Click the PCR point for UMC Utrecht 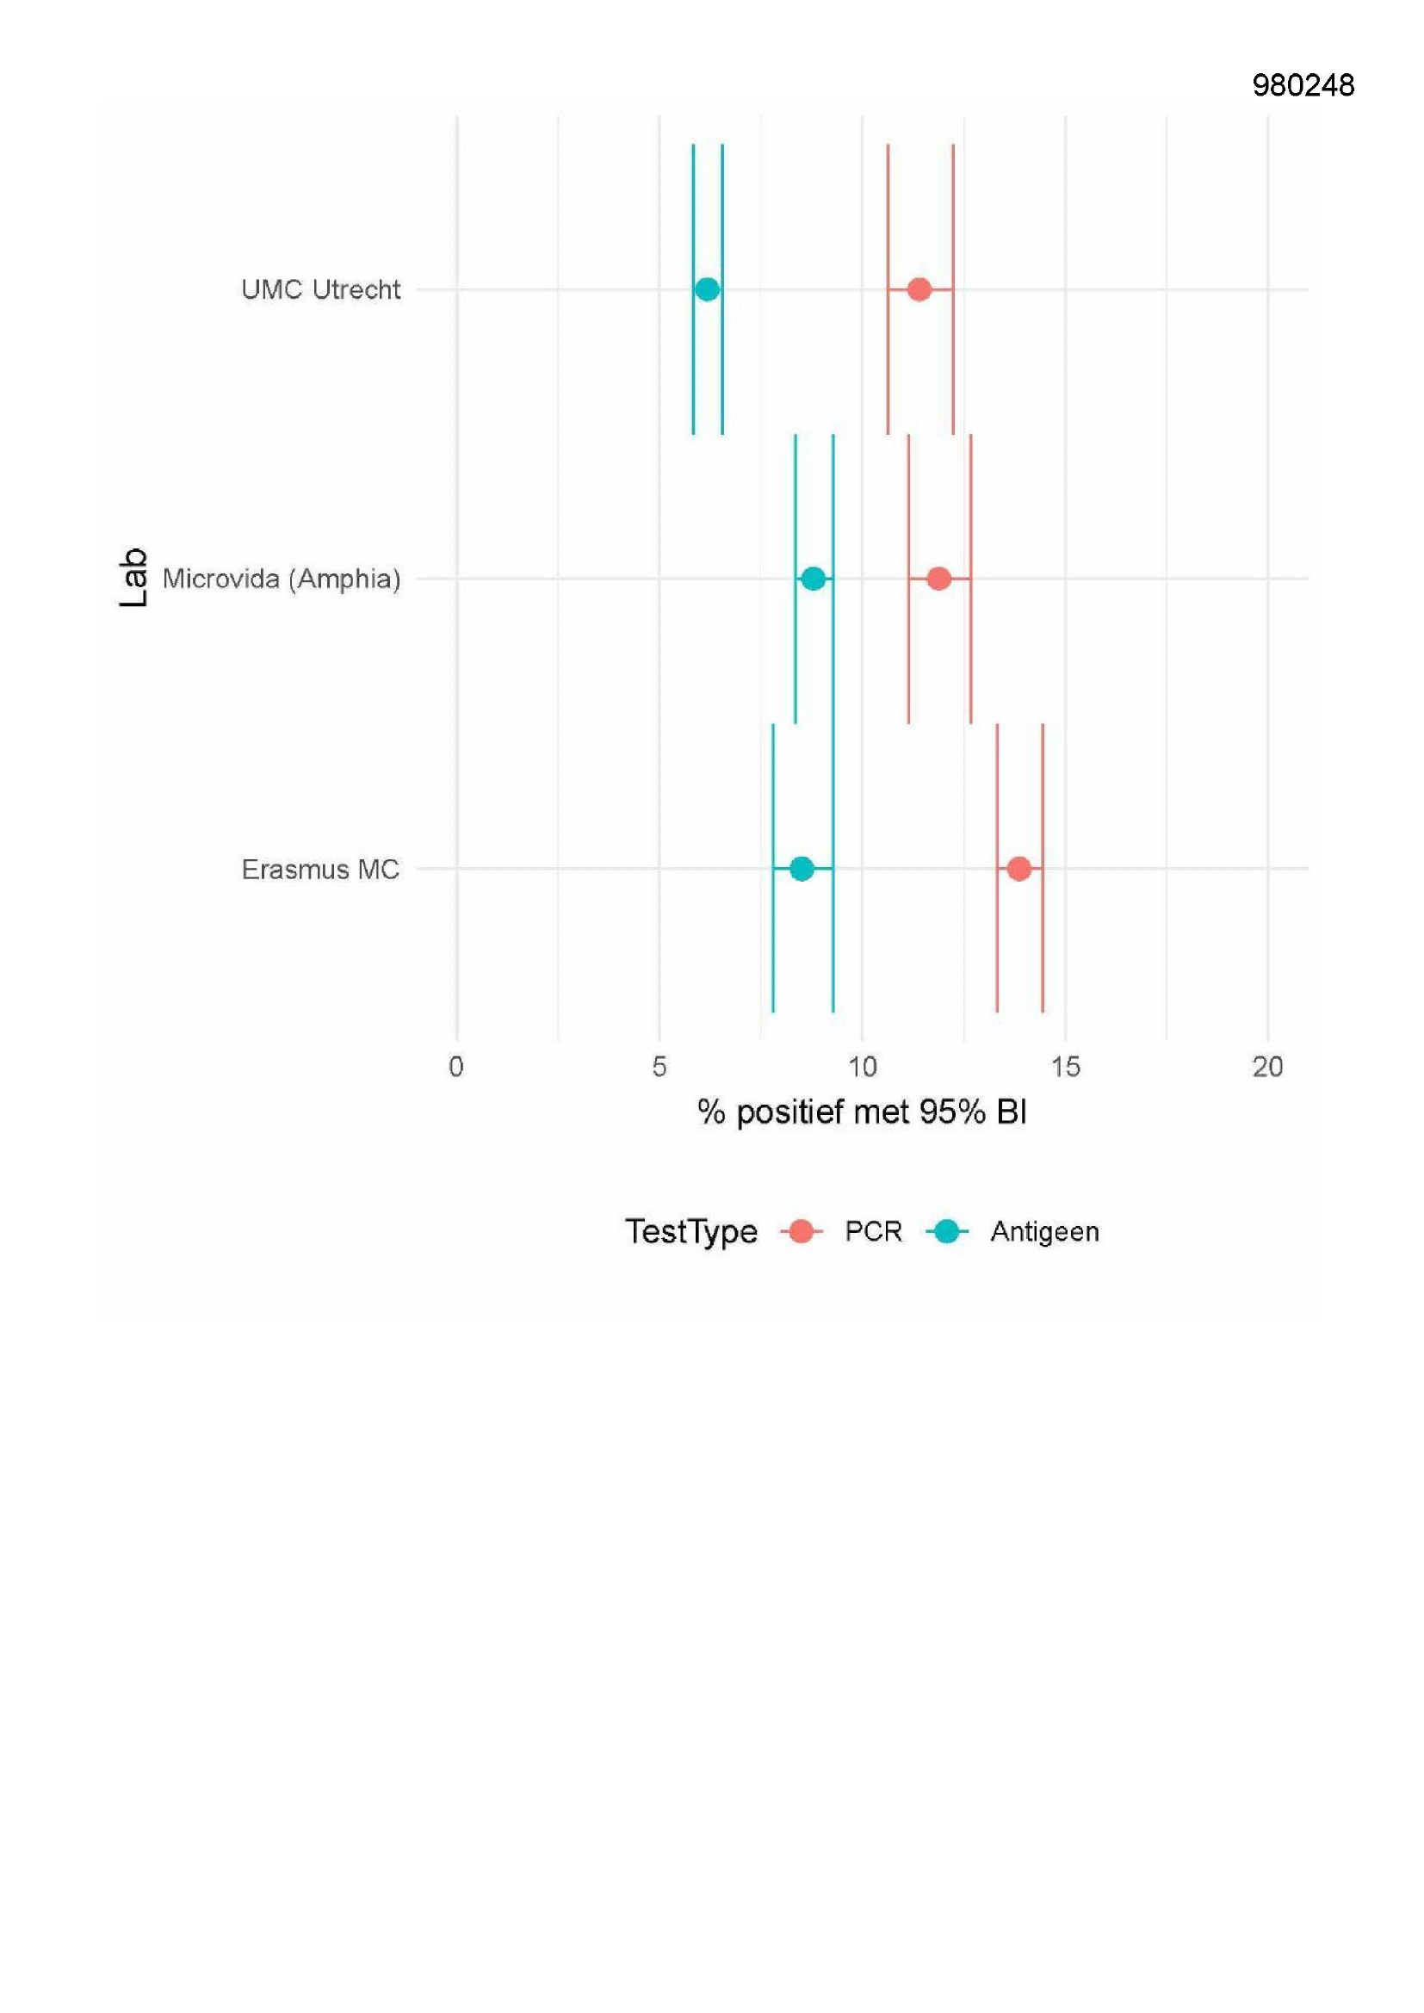tap(918, 289)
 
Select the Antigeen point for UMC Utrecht tap(707, 289)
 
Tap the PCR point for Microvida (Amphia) tap(938, 579)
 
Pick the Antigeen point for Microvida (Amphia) tap(814, 579)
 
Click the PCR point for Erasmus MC tap(1018, 869)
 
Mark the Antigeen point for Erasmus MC tap(802, 869)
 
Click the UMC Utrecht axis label tap(321, 289)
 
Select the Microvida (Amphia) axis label tap(282, 579)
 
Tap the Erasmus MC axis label tap(321, 870)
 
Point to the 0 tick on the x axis tap(456, 1067)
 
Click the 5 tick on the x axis tap(659, 1067)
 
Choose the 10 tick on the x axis tap(862, 1067)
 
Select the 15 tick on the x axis tap(1065, 1067)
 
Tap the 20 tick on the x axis tap(1268, 1067)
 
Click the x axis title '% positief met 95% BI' tap(862, 1112)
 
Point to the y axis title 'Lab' tap(133, 579)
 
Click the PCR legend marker tap(801, 1232)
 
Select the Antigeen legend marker tap(947, 1232)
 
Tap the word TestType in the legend tap(691, 1232)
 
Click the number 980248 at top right tap(1303, 85)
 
